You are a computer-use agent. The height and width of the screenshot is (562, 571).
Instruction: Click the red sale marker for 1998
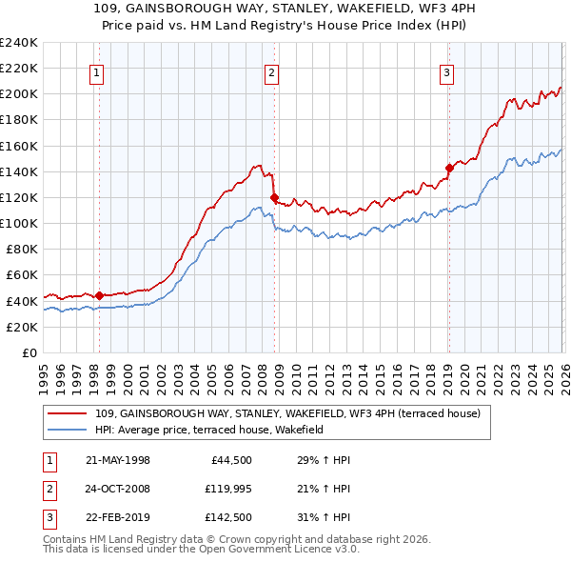coord(100,295)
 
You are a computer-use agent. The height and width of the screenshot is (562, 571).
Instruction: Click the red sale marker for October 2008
coord(274,198)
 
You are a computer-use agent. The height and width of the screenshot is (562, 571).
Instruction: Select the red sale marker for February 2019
coord(448,169)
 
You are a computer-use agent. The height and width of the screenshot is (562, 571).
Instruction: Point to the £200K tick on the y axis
coord(19,93)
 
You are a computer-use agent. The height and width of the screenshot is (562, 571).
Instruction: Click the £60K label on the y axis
coord(22,274)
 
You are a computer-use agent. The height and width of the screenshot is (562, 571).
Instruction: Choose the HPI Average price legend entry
coord(209,430)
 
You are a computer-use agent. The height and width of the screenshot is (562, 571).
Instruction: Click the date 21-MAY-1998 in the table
coord(117,460)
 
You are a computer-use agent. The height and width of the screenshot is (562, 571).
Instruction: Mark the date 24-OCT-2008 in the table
coord(117,489)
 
